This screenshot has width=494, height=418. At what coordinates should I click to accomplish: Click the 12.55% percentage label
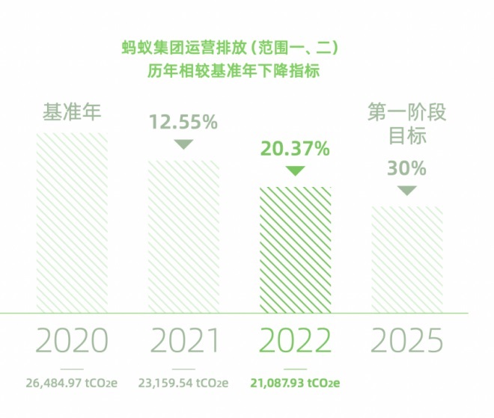point(183,121)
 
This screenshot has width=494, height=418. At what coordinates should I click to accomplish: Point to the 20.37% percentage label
point(295,149)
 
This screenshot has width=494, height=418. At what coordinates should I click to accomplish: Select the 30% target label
point(406,168)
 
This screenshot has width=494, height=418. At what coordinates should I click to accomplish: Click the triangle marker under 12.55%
point(183,144)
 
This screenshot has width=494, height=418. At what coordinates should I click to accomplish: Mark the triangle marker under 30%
point(406,191)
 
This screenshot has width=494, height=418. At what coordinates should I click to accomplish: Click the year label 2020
point(72,341)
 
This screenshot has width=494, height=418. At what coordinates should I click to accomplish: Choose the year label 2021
point(183,341)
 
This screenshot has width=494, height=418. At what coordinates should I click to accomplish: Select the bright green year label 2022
point(295,341)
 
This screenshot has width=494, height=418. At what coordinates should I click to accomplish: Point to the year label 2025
point(406,341)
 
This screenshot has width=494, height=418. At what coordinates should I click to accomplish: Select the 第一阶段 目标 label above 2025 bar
point(406,124)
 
